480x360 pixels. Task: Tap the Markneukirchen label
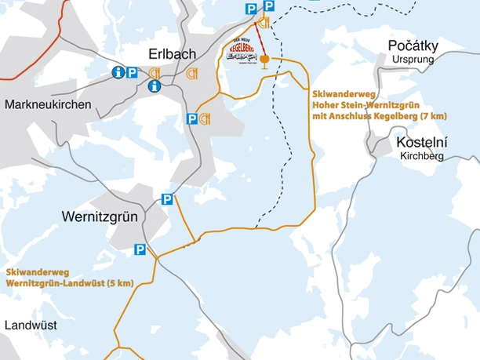48,104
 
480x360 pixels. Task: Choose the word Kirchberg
421,156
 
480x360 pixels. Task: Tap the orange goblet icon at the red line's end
265,60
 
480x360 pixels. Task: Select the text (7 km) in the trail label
433,116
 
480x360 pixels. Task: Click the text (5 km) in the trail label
118,282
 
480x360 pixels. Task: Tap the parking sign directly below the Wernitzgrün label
140,250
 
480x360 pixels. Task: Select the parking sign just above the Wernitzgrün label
166,199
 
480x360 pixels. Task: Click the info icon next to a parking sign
118,72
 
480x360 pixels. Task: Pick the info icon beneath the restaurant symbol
154,85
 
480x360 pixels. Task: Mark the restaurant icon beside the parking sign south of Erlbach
205,118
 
